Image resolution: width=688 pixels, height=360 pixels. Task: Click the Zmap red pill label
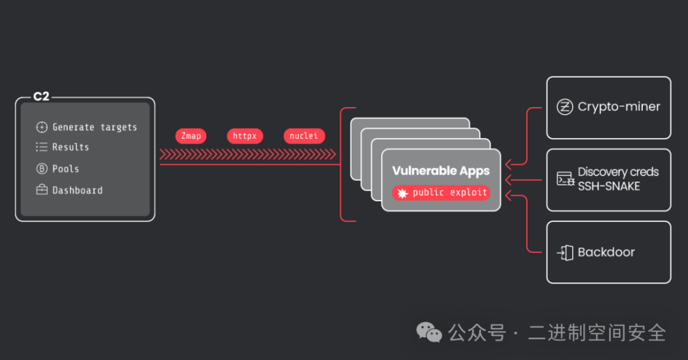pyautogui.click(x=191, y=136)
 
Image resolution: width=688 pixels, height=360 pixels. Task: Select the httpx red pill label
pyautogui.click(x=245, y=136)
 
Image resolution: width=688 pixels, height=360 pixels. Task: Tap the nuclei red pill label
pyautogui.click(x=304, y=136)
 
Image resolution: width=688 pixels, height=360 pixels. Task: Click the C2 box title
pyautogui.click(x=41, y=97)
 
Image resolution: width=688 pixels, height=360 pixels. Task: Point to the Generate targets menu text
pyautogui.click(x=94, y=127)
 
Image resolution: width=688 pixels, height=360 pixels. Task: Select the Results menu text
pyautogui.click(x=71, y=147)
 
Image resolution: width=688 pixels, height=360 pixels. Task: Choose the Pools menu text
pyautogui.click(x=66, y=169)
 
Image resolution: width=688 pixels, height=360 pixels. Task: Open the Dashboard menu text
pyautogui.click(x=77, y=191)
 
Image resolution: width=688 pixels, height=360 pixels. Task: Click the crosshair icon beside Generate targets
pyautogui.click(x=42, y=127)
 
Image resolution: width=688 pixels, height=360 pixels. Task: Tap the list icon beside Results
pyautogui.click(x=42, y=147)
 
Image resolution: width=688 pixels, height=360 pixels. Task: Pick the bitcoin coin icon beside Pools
pyautogui.click(x=42, y=169)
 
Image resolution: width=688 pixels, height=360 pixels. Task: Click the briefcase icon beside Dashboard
pyautogui.click(x=42, y=191)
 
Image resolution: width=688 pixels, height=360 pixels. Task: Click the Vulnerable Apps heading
pyautogui.click(x=441, y=171)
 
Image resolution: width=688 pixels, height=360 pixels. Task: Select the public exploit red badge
pyautogui.click(x=441, y=192)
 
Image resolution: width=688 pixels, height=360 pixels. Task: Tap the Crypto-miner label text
pyautogui.click(x=619, y=107)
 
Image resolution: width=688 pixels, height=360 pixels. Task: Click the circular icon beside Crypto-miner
pyautogui.click(x=564, y=107)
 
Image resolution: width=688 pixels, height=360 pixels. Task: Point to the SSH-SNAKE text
pyautogui.click(x=608, y=186)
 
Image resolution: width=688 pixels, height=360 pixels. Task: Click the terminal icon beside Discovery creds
pyautogui.click(x=566, y=179)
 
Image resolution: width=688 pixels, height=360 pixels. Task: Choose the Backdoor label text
pyautogui.click(x=606, y=252)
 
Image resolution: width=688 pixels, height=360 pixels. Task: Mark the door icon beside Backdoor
pyautogui.click(x=565, y=252)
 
